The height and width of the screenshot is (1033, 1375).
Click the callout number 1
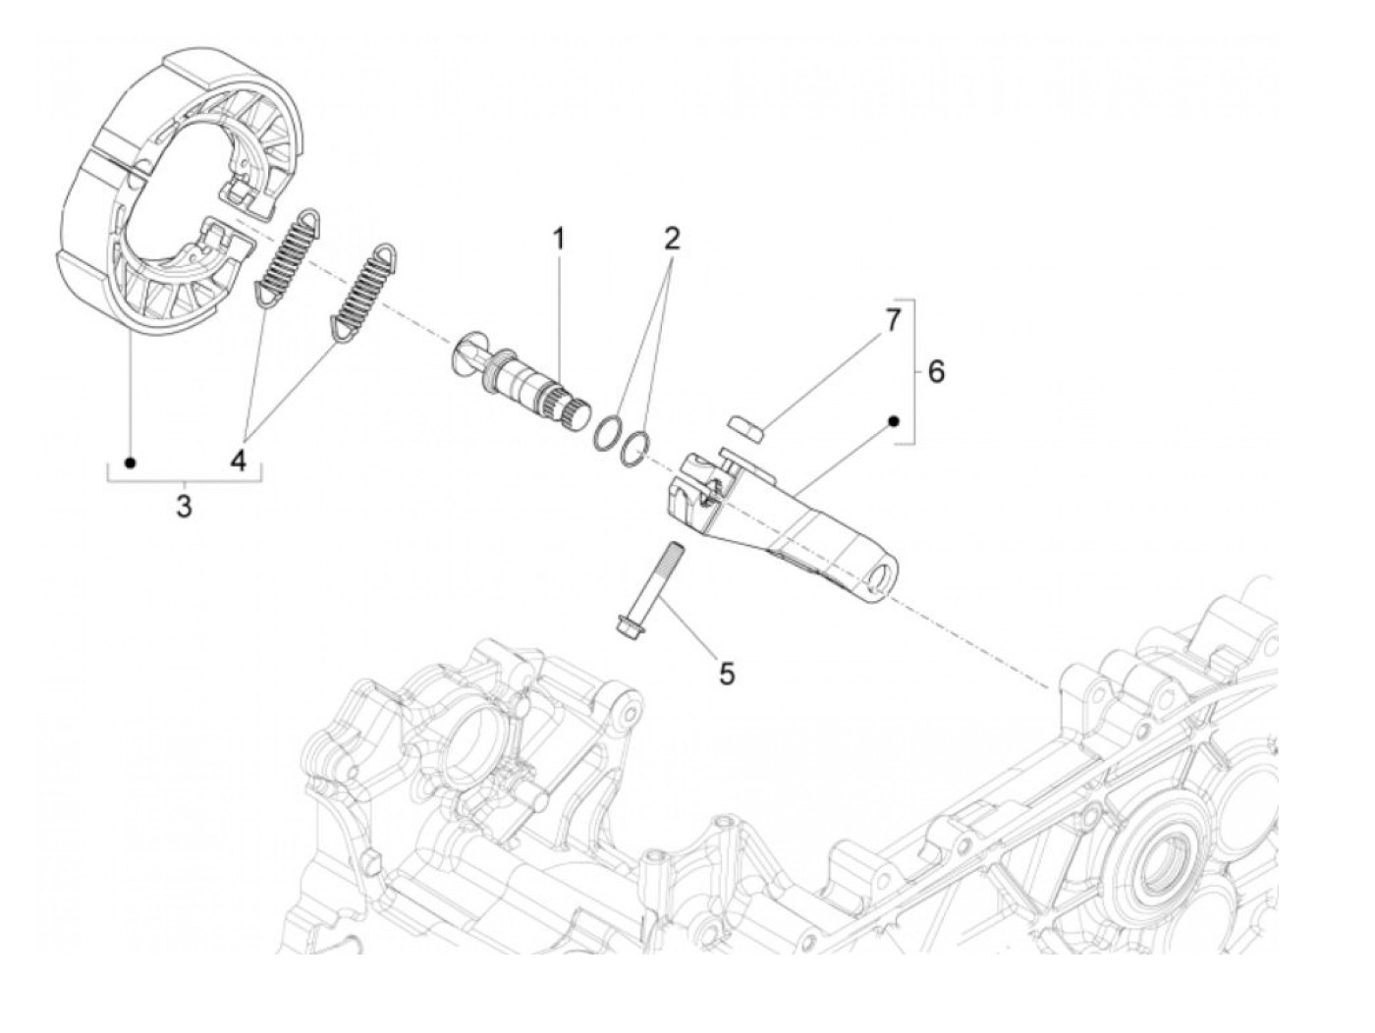(x=559, y=239)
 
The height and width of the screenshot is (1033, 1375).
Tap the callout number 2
(x=671, y=239)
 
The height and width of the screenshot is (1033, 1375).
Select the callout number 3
(x=184, y=508)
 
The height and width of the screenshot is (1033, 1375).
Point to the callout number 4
(x=239, y=460)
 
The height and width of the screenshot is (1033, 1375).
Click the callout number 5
(x=727, y=674)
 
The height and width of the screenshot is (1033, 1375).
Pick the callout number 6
(x=936, y=372)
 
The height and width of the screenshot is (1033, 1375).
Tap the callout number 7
(x=892, y=321)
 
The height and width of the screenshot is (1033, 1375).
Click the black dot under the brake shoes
(x=130, y=462)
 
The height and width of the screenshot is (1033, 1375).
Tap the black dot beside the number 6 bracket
(x=894, y=421)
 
